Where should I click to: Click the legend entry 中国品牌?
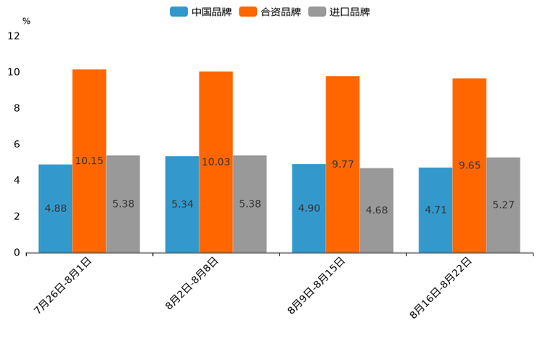coord(201,12)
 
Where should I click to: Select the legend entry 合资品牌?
coord(270,12)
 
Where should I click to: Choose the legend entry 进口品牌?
coord(339,12)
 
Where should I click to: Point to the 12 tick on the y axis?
coord(14,36)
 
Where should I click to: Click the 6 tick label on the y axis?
coord(17,144)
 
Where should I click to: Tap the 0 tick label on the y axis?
coord(17,253)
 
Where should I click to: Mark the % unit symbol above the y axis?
coord(26,21)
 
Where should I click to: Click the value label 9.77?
coord(343,165)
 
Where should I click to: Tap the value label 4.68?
coord(377,210)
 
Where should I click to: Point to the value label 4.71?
coord(435,210)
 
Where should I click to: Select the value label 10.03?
coord(216,163)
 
